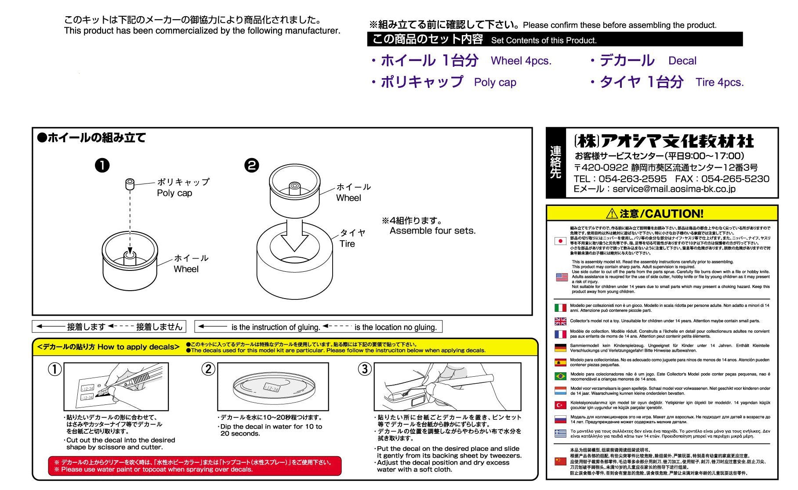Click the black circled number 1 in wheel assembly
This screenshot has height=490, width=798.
(x=102, y=166)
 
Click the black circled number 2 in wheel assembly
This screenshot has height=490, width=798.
(x=252, y=166)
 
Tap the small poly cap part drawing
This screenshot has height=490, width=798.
(x=130, y=184)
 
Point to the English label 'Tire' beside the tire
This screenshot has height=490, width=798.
(x=347, y=244)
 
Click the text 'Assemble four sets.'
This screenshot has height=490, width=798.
(x=432, y=231)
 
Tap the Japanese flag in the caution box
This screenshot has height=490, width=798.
(x=560, y=241)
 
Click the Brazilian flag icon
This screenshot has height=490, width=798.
(x=560, y=376)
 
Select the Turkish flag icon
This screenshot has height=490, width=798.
(x=560, y=405)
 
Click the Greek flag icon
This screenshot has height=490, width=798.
(x=560, y=433)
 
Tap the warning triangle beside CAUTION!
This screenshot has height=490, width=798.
(x=612, y=214)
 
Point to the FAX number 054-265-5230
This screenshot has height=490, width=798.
(x=735, y=179)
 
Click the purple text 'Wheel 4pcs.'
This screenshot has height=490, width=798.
(x=521, y=61)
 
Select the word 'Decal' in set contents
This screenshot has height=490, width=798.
(x=682, y=61)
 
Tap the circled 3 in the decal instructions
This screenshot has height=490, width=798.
(x=364, y=369)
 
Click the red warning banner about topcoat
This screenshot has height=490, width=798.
(x=194, y=466)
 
